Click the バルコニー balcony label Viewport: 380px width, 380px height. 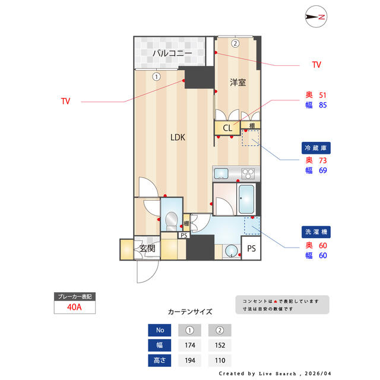(x=172, y=53)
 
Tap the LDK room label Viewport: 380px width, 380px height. (x=178, y=137)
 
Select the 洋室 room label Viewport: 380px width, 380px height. (x=237, y=83)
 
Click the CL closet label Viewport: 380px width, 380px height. (x=227, y=128)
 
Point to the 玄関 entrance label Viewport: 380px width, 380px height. (x=147, y=248)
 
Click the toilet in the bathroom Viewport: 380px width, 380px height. (x=172, y=221)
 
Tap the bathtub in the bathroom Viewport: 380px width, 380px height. (x=246, y=199)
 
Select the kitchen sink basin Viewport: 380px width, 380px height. (x=221, y=173)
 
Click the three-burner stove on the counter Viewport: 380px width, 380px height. (x=248, y=173)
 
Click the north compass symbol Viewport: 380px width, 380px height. (x=316, y=17)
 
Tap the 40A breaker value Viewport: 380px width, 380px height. (x=74, y=307)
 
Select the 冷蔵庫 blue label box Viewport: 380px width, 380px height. (x=316, y=148)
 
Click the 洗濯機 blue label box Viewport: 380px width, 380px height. (x=316, y=232)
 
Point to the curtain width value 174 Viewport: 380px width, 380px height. (x=190, y=345)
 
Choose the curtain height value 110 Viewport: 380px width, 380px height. (x=220, y=360)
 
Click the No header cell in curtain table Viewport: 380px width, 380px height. (x=160, y=330)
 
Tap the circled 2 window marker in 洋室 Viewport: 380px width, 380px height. (x=235, y=43)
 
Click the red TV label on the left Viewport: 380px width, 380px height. (x=66, y=101)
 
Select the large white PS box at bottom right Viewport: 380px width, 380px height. (x=251, y=248)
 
